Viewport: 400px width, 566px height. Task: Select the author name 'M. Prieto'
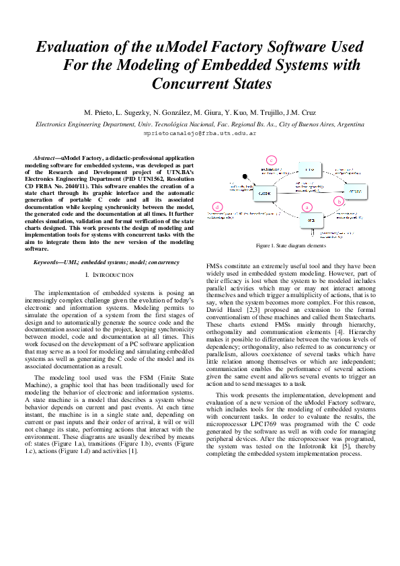tap(99, 112)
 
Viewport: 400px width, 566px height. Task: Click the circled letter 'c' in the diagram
tap(271, 160)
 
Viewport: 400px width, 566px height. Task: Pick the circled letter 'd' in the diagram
tap(216, 206)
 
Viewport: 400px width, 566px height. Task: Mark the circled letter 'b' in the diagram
tap(339, 201)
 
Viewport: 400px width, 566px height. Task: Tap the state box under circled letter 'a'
tap(311, 220)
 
